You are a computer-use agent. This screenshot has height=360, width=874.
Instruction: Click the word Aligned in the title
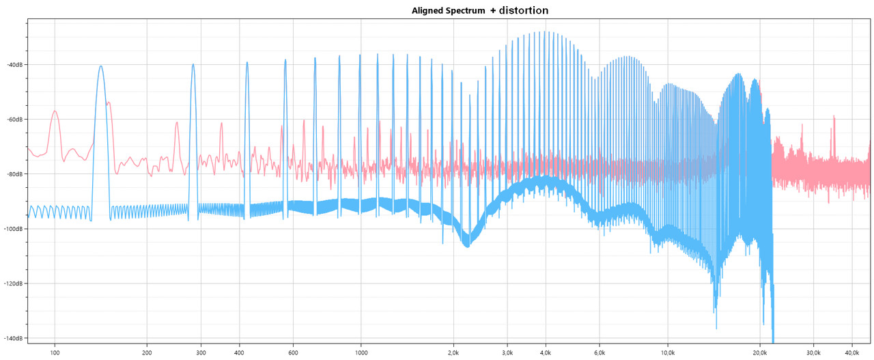point(428,11)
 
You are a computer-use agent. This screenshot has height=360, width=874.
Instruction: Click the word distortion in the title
point(524,10)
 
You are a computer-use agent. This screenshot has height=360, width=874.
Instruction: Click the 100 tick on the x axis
point(55,352)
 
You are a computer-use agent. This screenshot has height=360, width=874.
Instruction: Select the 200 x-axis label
point(147,352)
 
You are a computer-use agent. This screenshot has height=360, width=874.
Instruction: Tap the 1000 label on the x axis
point(361,352)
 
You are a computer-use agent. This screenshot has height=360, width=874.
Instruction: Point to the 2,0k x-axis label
point(453,352)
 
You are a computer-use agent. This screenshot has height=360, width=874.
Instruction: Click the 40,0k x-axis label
point(851,352)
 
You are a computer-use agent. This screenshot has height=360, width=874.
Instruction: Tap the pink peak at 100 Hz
point(55,111)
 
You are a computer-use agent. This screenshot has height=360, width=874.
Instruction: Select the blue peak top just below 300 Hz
point(193,65)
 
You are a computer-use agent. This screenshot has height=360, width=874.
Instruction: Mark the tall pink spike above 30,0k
point(834,117)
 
